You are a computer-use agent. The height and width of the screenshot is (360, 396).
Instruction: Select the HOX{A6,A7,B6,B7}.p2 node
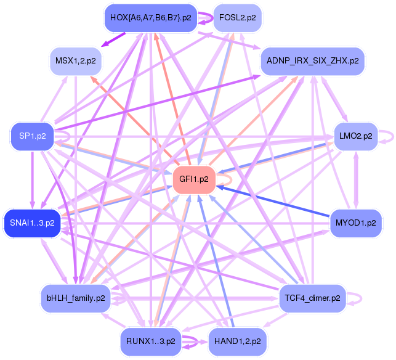(x=150, y=18)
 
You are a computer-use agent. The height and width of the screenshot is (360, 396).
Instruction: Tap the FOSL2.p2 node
(x=237, y=18)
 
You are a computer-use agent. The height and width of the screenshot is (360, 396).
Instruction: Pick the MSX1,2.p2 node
(x=76, y=61)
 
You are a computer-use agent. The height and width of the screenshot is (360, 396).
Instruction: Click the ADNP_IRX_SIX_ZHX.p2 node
(x=313, y=61)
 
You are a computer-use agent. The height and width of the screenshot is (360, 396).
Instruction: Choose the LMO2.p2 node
(x=354, y=136)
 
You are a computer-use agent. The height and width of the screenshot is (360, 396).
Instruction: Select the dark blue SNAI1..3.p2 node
(x=33, y=222)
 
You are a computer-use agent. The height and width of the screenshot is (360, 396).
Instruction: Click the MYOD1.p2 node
(x=356, y=222)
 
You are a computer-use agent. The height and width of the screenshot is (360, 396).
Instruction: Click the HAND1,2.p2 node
(x=237, y=340)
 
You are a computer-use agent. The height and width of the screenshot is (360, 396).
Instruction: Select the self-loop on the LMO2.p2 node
(x=386, y=136)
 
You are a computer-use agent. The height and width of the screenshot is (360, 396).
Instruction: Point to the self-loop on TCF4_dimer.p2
(x=357, y=298)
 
